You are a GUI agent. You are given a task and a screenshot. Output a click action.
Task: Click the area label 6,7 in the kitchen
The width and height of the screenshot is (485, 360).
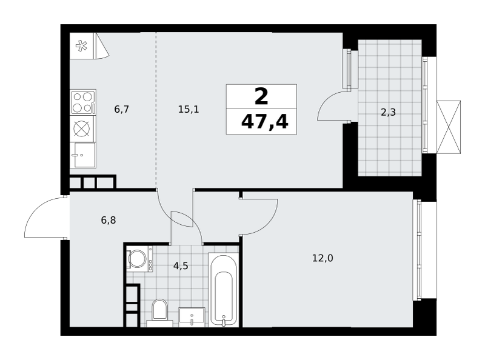pos(122,109)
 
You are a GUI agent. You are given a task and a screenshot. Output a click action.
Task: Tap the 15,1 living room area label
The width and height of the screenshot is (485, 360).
pos(189,109)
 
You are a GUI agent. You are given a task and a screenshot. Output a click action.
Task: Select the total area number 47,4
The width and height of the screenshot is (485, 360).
pos(264,122)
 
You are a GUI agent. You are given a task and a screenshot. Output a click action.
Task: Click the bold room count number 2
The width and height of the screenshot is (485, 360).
pos(261,96)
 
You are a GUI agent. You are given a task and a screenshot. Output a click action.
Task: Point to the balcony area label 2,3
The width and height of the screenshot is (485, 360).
pos(388,112)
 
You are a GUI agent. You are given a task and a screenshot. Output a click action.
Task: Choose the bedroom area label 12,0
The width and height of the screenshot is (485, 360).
pos(323,258)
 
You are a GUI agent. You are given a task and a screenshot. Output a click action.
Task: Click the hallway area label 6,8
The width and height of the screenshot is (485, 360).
pos(109,220)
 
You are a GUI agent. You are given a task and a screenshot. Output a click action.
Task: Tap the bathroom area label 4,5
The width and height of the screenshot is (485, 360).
pos(181,265)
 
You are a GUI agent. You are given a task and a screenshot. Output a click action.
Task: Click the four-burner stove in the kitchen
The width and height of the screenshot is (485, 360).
pos(83,102)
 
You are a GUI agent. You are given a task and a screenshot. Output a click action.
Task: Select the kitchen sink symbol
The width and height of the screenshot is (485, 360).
pos(83,155)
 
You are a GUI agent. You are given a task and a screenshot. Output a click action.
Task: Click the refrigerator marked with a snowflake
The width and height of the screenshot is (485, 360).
pos(82,45)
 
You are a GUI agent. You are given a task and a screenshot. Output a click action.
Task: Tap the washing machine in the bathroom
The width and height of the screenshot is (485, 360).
pos(139,259)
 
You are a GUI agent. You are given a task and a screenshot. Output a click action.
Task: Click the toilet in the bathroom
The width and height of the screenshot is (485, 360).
pos(159,312)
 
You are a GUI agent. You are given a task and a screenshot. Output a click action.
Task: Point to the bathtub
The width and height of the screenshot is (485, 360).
pos(223,290)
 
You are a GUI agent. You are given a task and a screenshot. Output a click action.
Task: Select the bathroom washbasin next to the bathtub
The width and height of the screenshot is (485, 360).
pos(192,317)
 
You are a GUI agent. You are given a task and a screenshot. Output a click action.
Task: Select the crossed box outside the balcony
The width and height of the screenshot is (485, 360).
pos(449,127)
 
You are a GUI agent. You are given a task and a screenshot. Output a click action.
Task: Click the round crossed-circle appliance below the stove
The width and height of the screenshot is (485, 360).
pos(83,128)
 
